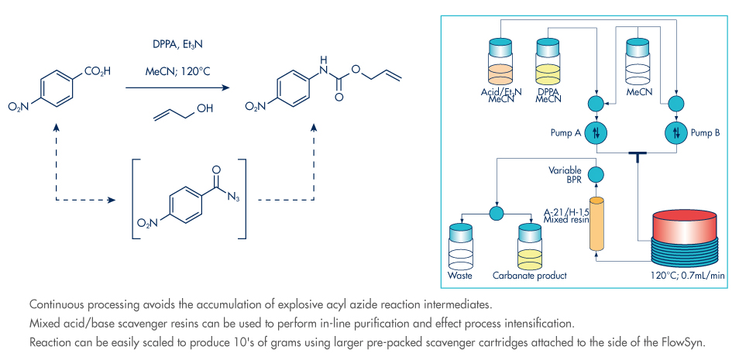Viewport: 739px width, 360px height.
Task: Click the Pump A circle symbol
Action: pyautogui.click(x=596, y=132)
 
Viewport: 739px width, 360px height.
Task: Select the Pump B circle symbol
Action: pyautogui.click(x=676, y=132)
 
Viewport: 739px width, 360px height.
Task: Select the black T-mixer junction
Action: pyautogui.click(x=637, y=157)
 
